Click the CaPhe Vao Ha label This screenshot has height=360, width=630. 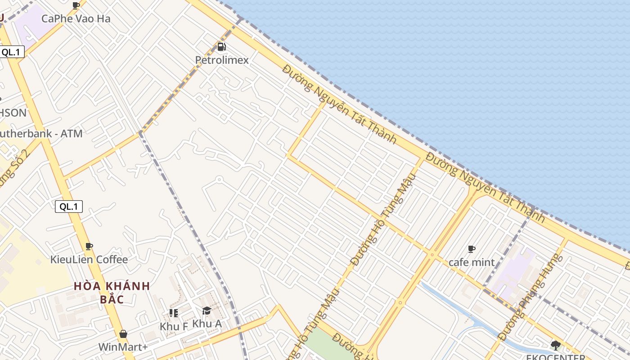click(76, 18)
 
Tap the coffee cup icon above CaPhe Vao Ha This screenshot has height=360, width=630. click(76, 5)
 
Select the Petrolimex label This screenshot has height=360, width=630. click(221, 60)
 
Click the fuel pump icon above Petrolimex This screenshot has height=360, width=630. click(221, 47)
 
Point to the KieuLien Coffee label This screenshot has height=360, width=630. click(89, 260)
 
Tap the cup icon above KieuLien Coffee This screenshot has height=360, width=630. click(89, 246)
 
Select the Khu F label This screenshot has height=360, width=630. click(174, 326)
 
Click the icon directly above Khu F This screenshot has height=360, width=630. click(174, 313)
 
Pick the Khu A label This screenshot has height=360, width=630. click(207, 324)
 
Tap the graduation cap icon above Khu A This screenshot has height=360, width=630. click(207, 310)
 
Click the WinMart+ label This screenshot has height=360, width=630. click(123, 347)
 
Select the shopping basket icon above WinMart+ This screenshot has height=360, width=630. click(123, 334)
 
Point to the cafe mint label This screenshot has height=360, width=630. click(472, 262)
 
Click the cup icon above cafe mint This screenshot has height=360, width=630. click(472, 249)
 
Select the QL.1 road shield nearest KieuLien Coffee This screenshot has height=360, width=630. click(69, 207)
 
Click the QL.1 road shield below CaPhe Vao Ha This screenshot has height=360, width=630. click(11, 52)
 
